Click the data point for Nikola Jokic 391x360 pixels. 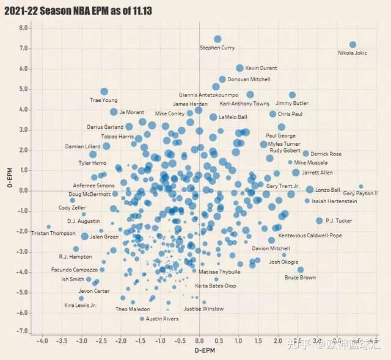click(353, 45)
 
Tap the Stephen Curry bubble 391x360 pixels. click(217, 39)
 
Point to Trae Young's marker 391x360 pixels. click(104, 92)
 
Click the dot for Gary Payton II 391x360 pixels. click(361, 187)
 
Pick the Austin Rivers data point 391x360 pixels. click(142, 319)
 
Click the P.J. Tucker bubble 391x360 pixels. click(319, 221)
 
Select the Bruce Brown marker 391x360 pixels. click(301, 270)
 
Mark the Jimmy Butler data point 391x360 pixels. click(293, 95)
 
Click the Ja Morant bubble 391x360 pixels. click(114, 112)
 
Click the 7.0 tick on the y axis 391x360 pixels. click(24, 48)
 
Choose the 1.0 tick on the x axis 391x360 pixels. click(239, 340)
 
